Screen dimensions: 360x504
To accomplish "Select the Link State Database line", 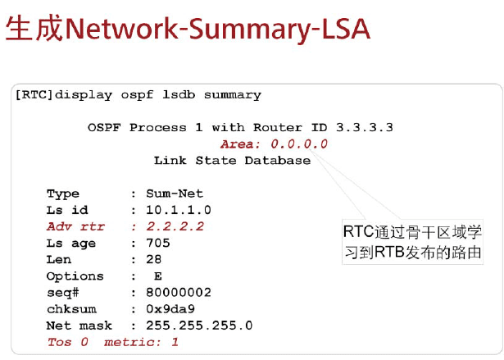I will tap(232, 160).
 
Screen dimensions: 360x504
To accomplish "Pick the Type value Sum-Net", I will tap(175, 194).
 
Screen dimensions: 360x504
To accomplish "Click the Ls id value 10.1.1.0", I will tap(179, 210).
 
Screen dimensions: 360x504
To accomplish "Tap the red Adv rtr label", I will tap(75, 226).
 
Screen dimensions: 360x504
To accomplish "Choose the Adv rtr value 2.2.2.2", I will tap(175, 226).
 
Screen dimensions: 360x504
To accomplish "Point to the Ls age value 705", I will tap(158, 243).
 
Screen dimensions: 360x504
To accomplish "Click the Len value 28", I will tap(155, 259).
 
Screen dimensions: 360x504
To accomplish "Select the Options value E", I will tap(157, 276).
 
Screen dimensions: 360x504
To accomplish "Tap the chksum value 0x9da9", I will tap(171, 309).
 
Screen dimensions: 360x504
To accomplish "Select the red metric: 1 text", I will tap(141, 342).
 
